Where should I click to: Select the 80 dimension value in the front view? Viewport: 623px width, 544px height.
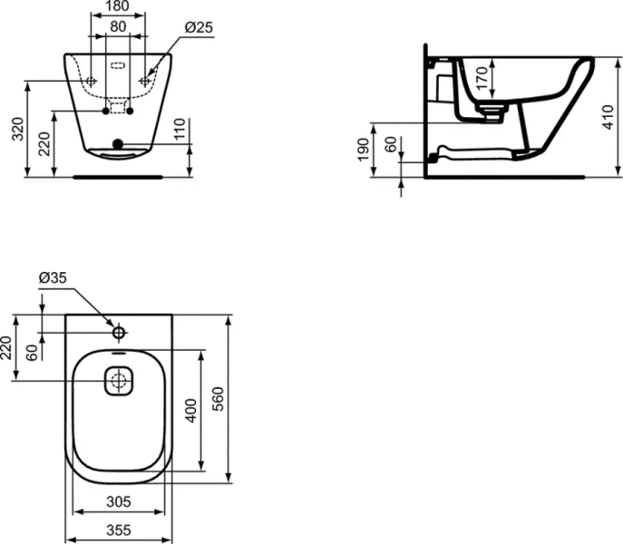(118, 27)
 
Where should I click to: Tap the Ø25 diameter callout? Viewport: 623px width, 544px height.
(197, 27)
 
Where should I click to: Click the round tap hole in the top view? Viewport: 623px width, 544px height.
(118, 333)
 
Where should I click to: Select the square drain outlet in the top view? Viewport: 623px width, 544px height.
(118, 382)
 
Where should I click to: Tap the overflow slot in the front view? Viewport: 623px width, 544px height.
(118, 66)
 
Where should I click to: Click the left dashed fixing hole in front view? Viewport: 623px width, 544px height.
(92, 82)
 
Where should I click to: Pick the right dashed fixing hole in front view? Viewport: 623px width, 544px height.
(144, 82)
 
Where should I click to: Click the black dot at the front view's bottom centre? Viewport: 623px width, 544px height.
(117, 142)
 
